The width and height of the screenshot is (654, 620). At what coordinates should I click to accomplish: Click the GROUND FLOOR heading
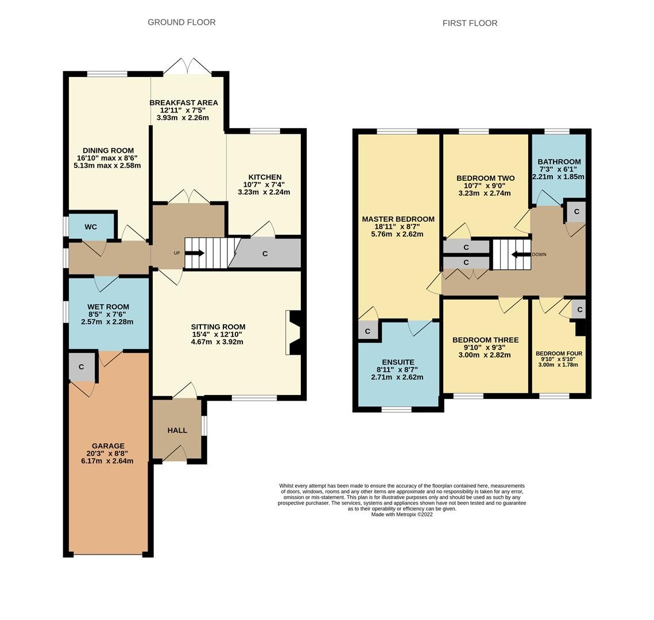pos(181,22)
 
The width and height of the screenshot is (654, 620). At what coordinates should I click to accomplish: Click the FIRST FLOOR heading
pos(470,24)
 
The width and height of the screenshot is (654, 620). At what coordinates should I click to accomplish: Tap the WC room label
pos(91,227)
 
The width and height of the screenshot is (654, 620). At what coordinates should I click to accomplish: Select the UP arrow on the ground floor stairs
pos(194,253)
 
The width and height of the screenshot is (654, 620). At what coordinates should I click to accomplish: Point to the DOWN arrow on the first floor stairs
pos(521,254)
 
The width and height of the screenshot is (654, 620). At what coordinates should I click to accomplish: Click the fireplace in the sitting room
pos(293,332)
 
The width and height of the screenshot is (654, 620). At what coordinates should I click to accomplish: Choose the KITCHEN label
pos(265,177)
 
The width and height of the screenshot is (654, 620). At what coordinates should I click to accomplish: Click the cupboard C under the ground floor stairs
pos(265,253)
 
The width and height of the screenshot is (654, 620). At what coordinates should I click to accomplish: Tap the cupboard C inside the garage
pos(82,367)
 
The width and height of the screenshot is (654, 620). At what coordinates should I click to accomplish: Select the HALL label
pos(177,430)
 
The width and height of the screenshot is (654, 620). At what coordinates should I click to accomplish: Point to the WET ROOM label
pos(108,307)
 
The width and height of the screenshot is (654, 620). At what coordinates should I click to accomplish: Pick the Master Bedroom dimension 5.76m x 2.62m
pos(397,234)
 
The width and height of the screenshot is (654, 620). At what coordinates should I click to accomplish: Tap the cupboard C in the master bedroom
pos(367,331)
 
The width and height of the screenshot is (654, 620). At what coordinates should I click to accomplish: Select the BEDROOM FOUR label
pos(559,354)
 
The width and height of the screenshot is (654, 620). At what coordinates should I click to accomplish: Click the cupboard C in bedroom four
pos(579,310)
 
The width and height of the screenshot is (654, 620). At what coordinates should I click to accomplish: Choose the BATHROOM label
pos(559,162)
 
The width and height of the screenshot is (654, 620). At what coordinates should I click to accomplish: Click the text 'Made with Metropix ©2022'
pos(402,514)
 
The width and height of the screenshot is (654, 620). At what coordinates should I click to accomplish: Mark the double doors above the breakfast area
pos(187,67)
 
